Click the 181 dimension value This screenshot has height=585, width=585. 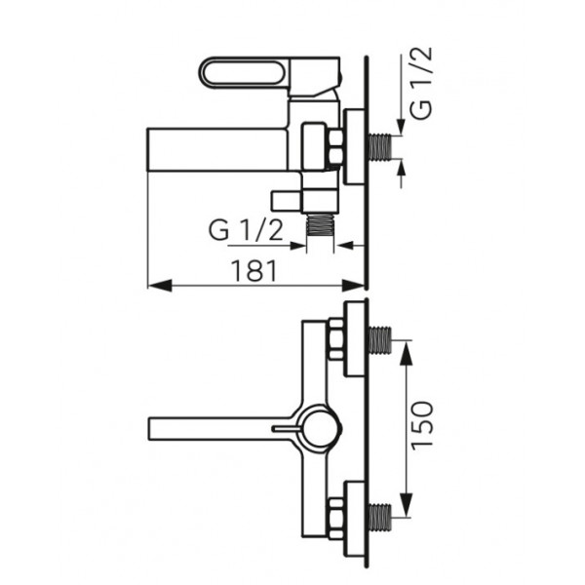click(254, 270)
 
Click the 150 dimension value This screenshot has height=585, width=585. click(422, 425)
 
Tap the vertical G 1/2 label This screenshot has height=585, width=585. click(420, 83)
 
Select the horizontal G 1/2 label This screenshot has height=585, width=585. click(246, 230)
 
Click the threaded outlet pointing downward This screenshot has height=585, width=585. click(321, 225)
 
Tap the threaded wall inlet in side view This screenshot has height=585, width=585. click(379, 146)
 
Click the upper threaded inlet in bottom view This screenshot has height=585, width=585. click(380, 340)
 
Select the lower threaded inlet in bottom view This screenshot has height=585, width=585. click(380, 517)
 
